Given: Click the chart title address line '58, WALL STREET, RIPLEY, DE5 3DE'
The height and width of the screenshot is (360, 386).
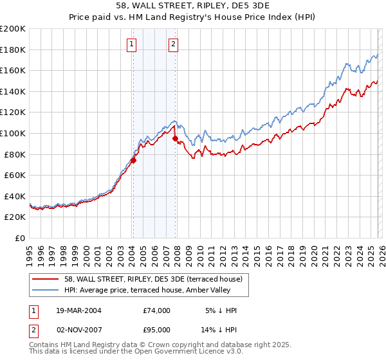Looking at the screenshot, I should pos(193,7).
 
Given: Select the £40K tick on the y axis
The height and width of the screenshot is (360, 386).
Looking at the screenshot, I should pos(15,196).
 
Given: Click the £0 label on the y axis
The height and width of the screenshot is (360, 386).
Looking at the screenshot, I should pos(21,238).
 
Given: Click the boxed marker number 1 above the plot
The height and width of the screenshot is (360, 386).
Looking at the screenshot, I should pos(132,44).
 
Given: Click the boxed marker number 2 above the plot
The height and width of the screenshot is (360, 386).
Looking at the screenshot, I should pos(174,44).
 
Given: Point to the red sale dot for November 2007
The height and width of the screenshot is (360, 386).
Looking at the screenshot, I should pos(175,138).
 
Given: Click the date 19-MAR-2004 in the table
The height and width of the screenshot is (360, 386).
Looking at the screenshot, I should pos(78,310).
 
